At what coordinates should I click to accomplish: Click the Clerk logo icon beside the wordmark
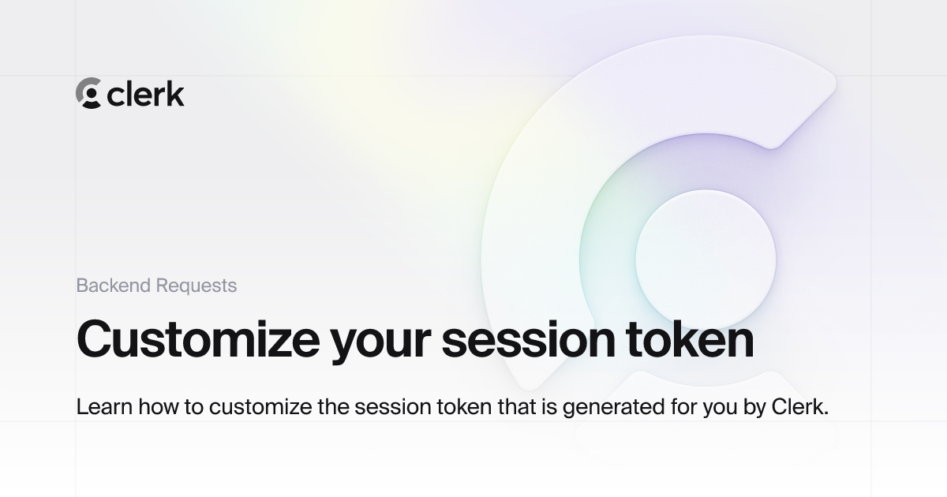point(88,93)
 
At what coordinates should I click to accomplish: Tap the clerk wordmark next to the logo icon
point(146,94)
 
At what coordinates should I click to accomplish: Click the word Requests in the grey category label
point(196,286)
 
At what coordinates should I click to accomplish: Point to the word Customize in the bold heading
point(197,339)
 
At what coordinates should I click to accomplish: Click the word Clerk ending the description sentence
point(798,408)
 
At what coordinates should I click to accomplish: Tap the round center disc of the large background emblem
point(705,259)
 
